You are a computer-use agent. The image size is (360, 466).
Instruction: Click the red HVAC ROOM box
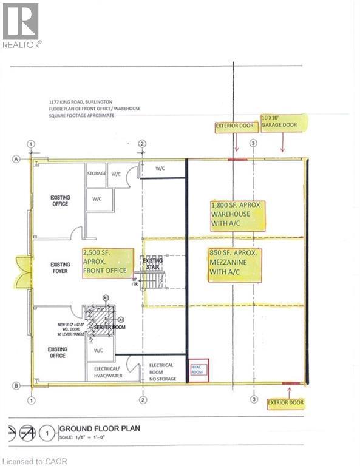point(199,370)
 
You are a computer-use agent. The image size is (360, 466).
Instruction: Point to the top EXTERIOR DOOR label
point(236,127)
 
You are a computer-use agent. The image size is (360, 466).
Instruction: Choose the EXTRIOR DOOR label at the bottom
point(288,402)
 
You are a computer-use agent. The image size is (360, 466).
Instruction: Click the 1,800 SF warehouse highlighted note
point(238,215)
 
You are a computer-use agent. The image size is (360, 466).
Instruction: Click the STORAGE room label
point(97,174)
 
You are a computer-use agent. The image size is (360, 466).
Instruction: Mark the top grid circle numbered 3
point(253,143)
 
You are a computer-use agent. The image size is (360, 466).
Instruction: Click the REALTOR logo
point(22,25)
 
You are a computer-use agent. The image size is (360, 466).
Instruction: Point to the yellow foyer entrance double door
point(24,271)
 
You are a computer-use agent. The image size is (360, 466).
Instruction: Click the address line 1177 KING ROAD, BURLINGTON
point(81,102)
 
